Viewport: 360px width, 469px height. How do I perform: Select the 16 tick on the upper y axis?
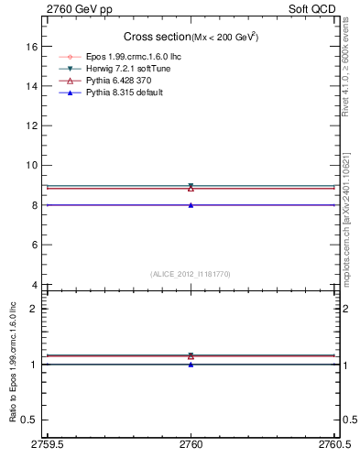pos(31,46)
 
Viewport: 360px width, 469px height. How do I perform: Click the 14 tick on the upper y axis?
pos(31,86)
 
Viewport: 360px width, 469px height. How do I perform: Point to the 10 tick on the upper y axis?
pos(31,166)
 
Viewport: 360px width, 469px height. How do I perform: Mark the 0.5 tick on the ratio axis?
pos(30,420)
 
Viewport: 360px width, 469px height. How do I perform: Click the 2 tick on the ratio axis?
pos(34,309)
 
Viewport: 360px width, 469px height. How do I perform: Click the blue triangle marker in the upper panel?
pos(191,205)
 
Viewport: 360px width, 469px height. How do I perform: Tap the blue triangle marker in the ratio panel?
pos(191,365)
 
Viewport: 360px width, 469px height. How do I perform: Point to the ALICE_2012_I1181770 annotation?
pos(191,274)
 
